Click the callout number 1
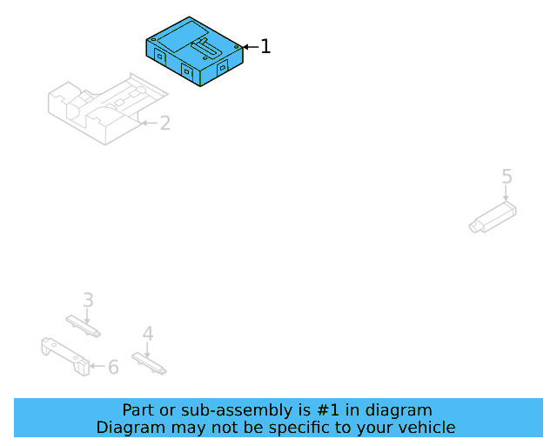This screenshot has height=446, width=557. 265,46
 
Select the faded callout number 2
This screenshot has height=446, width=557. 165,123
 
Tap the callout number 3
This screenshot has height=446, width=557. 89,300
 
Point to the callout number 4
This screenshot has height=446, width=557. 148,334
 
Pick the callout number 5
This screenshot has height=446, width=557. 507,177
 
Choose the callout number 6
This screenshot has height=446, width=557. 113,367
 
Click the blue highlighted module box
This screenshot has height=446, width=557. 194,51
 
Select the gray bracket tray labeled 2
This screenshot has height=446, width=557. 107,109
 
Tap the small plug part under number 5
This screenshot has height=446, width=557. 493,217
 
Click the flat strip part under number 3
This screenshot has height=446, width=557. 84,326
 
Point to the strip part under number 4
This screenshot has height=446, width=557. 149,363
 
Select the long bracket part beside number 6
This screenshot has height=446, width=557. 65,356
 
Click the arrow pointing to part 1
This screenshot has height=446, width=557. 252,47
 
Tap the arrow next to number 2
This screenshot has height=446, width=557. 150,123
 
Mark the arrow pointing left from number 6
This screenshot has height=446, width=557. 97,366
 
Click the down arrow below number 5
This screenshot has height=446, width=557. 506,193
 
